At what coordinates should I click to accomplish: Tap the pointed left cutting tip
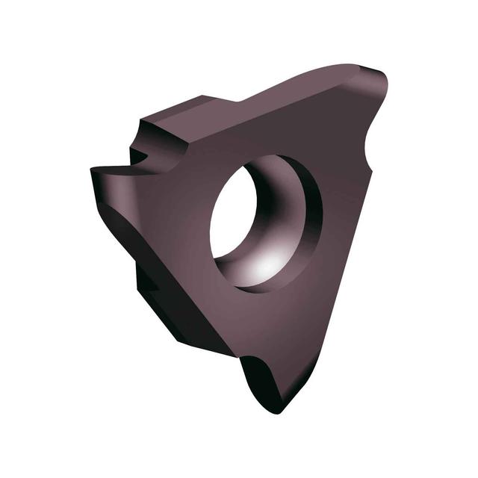94,171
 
